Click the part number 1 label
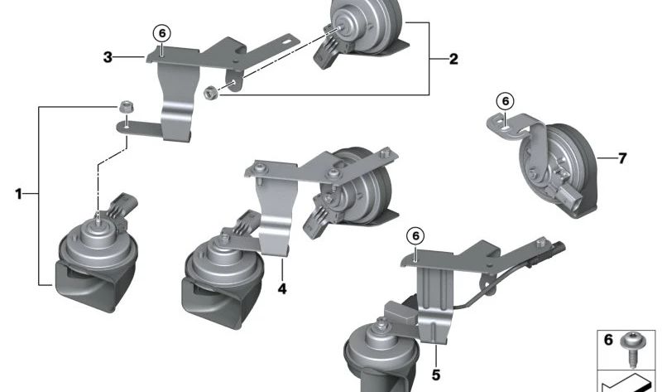coord(18,194)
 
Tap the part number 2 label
coord(453,59)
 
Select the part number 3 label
coord(108,57)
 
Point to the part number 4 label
coord(282,289)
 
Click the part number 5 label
coord(436,375)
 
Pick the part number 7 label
coord(622,158)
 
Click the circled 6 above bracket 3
coord(162,33)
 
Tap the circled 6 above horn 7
coord(505,101)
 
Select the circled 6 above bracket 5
coord(415,235)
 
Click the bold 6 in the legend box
coord(608,340)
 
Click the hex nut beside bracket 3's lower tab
coord(125,107)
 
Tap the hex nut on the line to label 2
coord(210,93)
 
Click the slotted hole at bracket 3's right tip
coord(288,41)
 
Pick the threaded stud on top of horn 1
coord(98,219)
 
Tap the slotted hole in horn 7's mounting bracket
coord(506,123)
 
